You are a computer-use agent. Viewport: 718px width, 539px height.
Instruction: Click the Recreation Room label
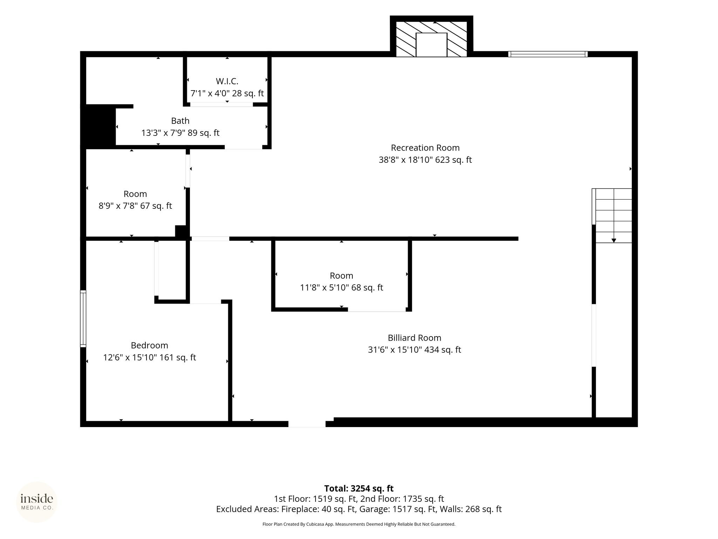coord(425,148)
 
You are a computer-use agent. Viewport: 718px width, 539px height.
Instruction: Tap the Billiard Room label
coord(414,338)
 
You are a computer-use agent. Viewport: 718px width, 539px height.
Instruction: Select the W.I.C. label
coord(227,81)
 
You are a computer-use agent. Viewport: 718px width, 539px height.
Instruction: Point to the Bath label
coord(180,121)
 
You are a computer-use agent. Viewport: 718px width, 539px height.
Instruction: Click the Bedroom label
coord(149,345)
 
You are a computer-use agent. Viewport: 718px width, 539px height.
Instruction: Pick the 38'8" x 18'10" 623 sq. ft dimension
coord(425,160)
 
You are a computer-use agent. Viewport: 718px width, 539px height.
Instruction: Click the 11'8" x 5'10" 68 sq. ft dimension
coord(341,288)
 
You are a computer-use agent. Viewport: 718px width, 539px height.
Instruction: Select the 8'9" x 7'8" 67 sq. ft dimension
coord(135,206)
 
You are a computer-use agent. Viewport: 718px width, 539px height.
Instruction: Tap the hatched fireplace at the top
coord(432,39)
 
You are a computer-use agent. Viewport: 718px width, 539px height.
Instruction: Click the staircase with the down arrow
coord(614,215)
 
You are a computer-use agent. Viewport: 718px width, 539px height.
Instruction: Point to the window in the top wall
coord(548,54)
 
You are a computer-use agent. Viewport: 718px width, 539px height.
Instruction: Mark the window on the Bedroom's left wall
coord(83,319)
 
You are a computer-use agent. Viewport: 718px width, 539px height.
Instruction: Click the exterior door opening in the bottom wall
coord(307,424)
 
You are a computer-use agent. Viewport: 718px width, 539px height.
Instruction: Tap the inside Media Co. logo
coord(37,502)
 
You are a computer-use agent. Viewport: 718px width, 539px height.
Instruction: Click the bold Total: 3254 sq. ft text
coord(359,488)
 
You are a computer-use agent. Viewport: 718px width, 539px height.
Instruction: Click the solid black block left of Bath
coord(99,125)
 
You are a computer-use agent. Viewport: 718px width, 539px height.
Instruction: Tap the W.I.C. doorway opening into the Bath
coord(222,104)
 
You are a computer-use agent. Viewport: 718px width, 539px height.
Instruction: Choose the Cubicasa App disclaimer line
coord(359,524)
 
